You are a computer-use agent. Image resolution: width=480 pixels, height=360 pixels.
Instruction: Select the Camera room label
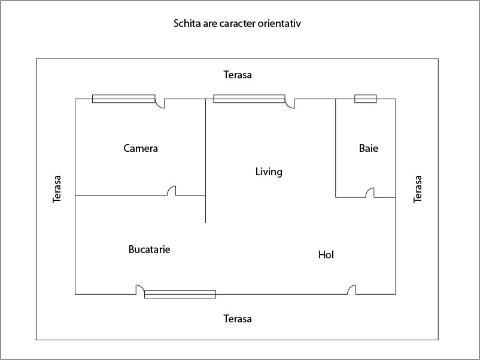[x=141, y=148]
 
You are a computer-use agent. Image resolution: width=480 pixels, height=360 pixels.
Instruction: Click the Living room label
[x=269, y=172]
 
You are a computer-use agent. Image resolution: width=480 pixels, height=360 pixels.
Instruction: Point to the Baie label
[x=369, y=148]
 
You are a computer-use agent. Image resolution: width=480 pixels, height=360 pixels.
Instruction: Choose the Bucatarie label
[x=149, y=249]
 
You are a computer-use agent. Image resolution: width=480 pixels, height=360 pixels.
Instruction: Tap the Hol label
[x=326, y=255]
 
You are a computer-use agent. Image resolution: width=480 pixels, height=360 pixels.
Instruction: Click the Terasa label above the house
[x=238, y=75]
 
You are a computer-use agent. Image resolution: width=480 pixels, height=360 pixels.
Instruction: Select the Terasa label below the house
[x=238, y=319]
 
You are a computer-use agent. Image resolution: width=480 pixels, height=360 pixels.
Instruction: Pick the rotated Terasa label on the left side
[x=57, y=189]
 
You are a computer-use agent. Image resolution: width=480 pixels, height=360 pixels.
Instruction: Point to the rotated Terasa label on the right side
[x=418, y=189]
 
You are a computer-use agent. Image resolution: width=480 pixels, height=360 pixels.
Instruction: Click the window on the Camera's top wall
[x=123, y=99]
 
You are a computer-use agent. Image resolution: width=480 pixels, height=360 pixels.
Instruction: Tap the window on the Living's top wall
[x=249, y=99]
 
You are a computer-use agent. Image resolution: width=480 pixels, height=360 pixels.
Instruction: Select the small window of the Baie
[x=365, y=99]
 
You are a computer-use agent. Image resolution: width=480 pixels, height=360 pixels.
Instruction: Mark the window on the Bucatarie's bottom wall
[x=180, y=294]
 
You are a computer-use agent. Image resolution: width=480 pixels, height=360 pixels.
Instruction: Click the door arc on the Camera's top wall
[x=160, y=103]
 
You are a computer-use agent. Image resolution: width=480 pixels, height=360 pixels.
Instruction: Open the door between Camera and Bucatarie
[x=171, y=191]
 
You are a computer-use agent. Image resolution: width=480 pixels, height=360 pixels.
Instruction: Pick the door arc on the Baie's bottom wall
[x=370, y=193]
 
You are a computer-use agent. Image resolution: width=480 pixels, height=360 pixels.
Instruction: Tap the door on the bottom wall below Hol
[x=352, y=289]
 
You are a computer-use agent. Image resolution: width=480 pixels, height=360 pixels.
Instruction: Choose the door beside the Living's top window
[x=290, y=103]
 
